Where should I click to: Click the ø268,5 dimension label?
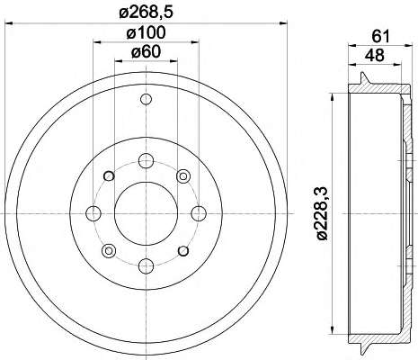click(x=147, y=13)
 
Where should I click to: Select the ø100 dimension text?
click(x=146, y=32)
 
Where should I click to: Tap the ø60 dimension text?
click(x=146, y=52)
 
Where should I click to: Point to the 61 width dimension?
click(x=380, y=37)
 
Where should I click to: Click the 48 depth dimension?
click(x=374, y=55)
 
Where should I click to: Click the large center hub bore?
click(x=147, y=213)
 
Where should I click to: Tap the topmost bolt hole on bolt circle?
click(x=147, y=160)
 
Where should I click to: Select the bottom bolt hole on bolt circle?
click(x=147, y=266)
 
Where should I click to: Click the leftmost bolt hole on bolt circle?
click(x=93, y=213)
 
